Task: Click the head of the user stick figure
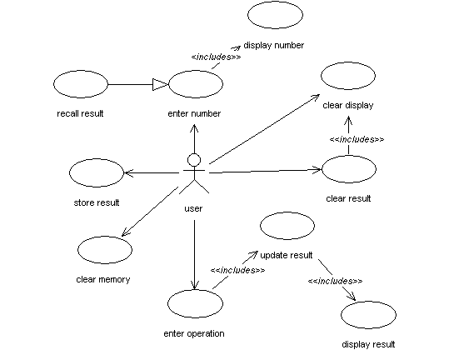pyautogui.click(x=194, y=160)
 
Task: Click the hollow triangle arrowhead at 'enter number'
pyautogui.click(x=160, y=84)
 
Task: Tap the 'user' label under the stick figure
pyautogui.click(x=193, y=208)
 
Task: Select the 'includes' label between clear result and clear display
pyautogui.click(x=357, y=139)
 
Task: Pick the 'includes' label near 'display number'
pyautogui.click(x=217, y=57)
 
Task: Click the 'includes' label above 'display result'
pyautogui.click(x=335, y=281)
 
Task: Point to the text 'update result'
pyautogui.click(x=286, y=255)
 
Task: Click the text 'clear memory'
pyautogui.click(x=103, y=279)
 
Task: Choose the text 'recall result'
pyautogui.click(x=80, y=113)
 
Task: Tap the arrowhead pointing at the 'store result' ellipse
pyautogui.click(x=128, y=173)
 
